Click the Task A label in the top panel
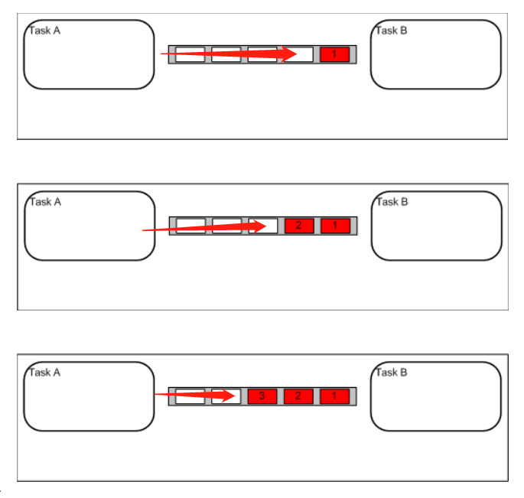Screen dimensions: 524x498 (45, 31)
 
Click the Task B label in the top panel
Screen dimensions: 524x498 (392, 31)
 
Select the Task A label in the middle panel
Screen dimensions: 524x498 (45, 202)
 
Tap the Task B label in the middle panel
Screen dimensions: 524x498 (392, 202)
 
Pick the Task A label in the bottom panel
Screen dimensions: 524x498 (45, 373)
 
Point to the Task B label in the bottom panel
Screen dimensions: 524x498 (392, 373)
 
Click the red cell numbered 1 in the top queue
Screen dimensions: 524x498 (334, 54)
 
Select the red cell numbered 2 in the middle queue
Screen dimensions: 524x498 (299, 226)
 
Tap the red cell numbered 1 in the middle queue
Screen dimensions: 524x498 (335, 226)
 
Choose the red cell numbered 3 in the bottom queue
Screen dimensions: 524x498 (262, 396)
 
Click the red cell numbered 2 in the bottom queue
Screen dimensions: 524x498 (298, 396)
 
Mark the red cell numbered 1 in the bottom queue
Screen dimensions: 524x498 (334, 396)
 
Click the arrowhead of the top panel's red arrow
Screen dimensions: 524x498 (288, 54)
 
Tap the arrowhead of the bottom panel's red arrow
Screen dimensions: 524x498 (227, 395)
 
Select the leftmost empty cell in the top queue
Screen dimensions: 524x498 (190, 54)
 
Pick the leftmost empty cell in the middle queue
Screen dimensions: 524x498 (190, 226)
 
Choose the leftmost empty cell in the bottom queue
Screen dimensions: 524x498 (190, 396)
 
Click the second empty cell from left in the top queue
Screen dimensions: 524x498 (226, 54)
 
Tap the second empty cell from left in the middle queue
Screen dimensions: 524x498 (227, 226)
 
